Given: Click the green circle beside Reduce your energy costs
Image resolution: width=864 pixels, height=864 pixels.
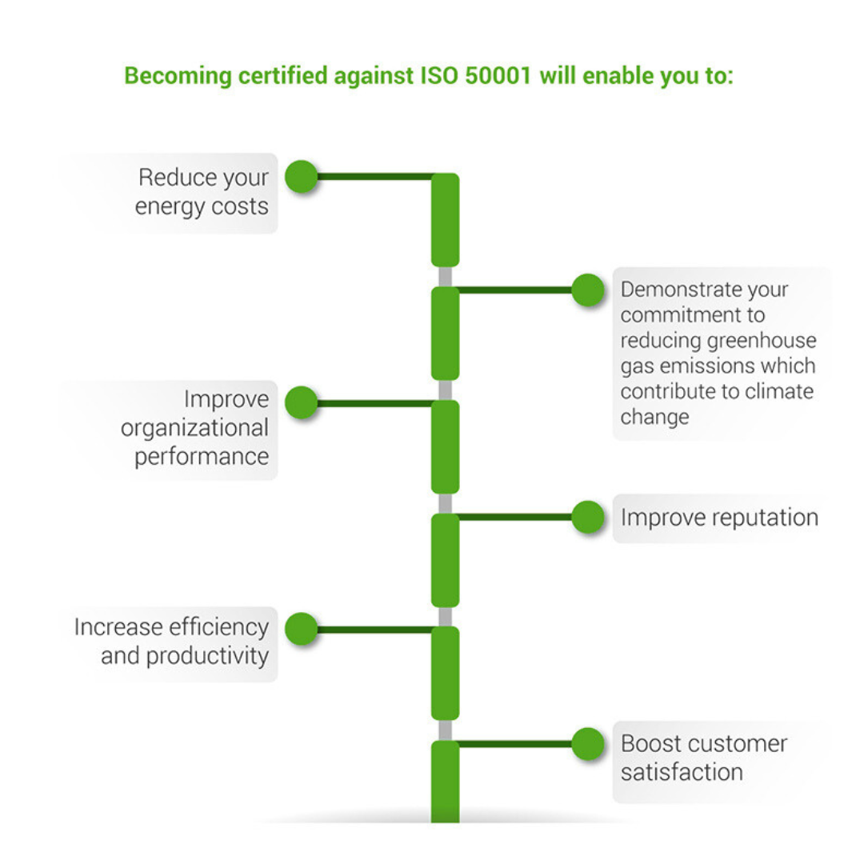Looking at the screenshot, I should (x=302, y=177).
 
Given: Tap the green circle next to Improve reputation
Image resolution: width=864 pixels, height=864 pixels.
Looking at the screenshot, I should (x=588, y=517).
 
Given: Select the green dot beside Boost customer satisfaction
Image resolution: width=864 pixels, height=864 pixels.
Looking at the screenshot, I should (x=588, y=744).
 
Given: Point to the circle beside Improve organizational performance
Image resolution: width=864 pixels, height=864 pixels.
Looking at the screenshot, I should (x=302, y=403).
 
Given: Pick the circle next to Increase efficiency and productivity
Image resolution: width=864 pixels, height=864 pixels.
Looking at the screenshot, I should (x=302, y=630).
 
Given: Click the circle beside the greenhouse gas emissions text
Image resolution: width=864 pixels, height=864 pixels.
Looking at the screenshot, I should (x=588, y=290).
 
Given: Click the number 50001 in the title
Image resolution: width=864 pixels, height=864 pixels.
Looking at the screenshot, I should (x=499, y=77).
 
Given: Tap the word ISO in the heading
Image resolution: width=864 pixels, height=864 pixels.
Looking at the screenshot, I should (x=439, y=77).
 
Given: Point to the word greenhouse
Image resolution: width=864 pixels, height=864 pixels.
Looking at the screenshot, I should (x=761, y=341).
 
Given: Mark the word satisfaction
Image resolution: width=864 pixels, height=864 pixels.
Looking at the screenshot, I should (x=682, y=773).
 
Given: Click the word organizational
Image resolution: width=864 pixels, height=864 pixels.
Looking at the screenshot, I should (x=194, y=428).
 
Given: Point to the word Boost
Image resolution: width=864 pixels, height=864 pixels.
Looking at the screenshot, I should (x=646, y=744).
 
